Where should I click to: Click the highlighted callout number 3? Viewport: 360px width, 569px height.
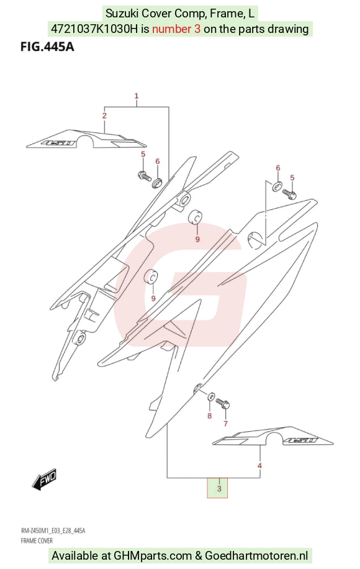[x=219, y=488]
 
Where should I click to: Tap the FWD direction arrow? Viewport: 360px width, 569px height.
[x=45, y=480]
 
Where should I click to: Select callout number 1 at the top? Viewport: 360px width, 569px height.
[x=137, y=96]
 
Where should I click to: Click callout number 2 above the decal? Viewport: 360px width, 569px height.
[x=104, y=116]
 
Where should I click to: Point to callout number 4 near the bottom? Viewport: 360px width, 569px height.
[x=259, y=466]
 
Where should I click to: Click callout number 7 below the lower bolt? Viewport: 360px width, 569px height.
[x=225, y=424]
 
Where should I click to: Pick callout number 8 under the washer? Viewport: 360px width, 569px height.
[x=209, y=416]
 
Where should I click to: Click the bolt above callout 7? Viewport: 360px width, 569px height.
[x=223, y=404]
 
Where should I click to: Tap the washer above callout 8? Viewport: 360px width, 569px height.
[x=210, y=397]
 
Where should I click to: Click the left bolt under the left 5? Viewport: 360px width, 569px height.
[x=144, y=176]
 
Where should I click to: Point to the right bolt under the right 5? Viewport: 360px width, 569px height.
[x=289, y=194]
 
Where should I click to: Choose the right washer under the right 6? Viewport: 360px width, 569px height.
[x=277, y=186]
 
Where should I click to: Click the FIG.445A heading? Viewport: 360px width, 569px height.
[x=47, y=47]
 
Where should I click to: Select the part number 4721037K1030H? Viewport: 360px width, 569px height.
[x=94, y=29]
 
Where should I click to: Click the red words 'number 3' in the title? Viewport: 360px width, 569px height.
[x=176, y=29]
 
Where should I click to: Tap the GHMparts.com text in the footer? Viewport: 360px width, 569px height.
[x=153, y=555]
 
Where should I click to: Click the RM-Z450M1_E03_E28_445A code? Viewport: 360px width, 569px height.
[x=53, y=531]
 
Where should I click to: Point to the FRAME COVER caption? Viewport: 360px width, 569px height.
[x=37, y=540]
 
